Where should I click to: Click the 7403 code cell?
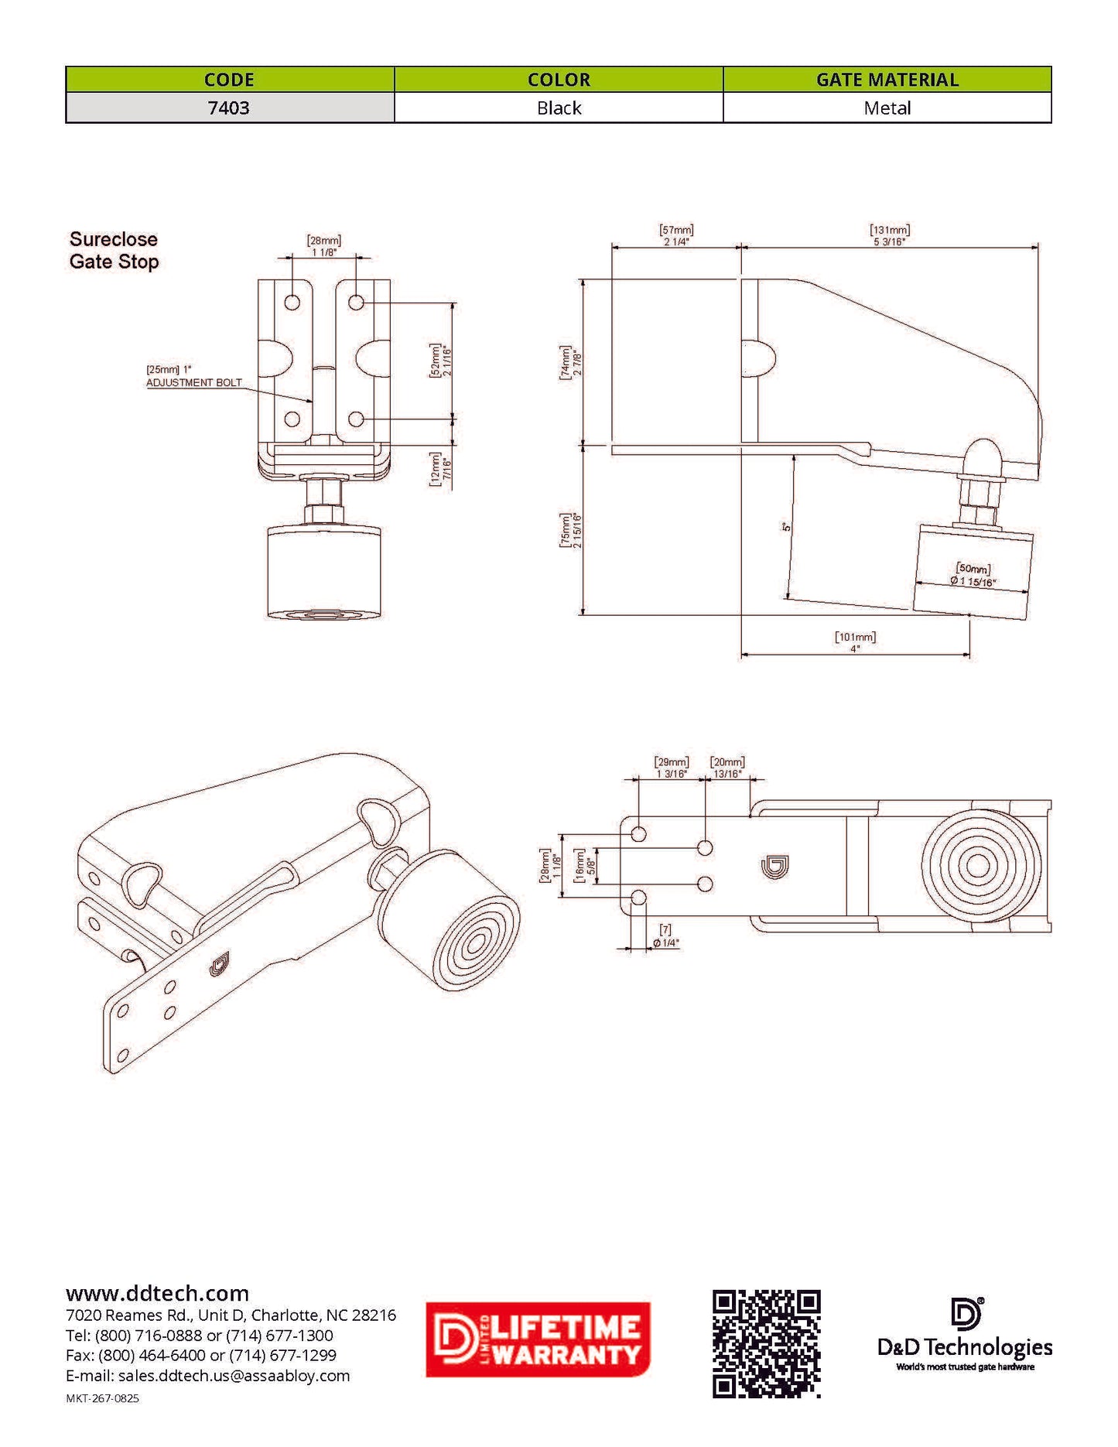coord(229,108)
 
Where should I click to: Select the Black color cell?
coord(559,108)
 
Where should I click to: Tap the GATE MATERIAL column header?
coord(887,80)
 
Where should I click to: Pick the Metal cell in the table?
coord(887,108)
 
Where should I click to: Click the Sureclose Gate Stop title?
coord(114,250)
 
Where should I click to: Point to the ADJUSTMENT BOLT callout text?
coord(194,382)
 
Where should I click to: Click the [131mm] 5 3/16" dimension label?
coord(890,235)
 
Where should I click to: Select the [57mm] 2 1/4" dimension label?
coord(676,235)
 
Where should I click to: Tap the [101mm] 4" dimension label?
coord(855,642)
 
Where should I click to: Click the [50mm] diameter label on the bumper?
coord(973,575)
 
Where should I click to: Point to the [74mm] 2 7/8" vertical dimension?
coord(570,362)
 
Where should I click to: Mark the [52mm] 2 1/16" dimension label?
coord(440,361)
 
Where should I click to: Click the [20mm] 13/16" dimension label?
coord(727,768)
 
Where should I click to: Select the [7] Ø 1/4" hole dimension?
coord(665,936)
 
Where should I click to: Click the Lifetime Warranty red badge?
coord(538,1339)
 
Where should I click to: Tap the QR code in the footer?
coord(766,1343)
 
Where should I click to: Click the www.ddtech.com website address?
coord(157,1293)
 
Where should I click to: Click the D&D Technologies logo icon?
coord(966,1314)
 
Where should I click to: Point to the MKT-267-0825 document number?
coord(102,1398)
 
